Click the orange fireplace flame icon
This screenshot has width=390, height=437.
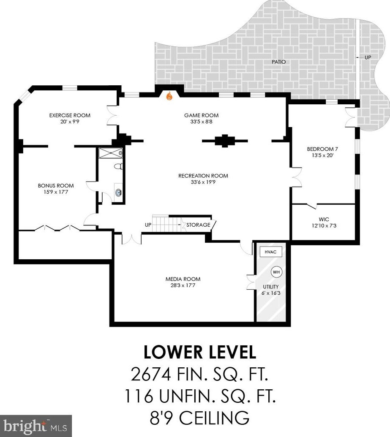click(x=169, y=96)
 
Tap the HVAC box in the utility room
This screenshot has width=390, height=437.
click(x=270, y=252)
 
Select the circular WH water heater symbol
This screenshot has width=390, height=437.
click(x=276, y=272)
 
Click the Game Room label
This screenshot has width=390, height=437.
click(x=201, y=115)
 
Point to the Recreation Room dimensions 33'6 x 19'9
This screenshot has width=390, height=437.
click(x=203, y=182)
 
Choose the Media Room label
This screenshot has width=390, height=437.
click(x=183, y=279)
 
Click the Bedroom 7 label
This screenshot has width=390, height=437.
click(x=322, y=149)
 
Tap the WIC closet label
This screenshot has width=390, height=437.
click(x=324, y=219)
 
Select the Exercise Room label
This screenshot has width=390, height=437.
click(x=70, y=115)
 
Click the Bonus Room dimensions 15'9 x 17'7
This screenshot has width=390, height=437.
click(x=56, y=192)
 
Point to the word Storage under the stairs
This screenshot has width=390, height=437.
click(x=198, y=225)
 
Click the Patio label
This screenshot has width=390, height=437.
click(x=279, y=62)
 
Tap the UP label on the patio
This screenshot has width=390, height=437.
click(x=368, y=57)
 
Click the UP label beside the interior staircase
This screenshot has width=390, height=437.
click(x=148, y=225)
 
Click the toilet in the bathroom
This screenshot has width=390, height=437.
click(x=118, y=166)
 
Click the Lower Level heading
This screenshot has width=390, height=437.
click(x=200, y=352)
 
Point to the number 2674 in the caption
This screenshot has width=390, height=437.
click(x=151, y=374)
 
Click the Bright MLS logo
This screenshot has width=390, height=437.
click(x=36, y=426)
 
